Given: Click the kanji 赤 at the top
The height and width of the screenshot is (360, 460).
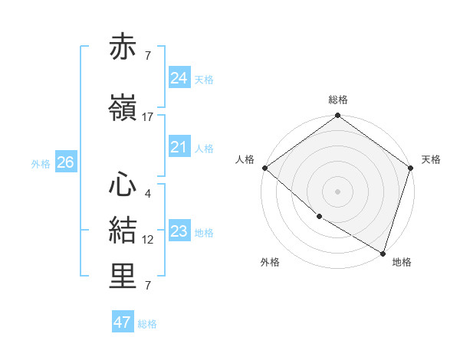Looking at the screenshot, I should [123, 47].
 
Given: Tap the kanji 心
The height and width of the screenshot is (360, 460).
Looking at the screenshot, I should [123, 184].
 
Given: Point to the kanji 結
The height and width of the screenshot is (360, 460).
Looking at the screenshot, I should [123, 231].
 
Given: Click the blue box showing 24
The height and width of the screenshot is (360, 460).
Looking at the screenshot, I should [179, 78].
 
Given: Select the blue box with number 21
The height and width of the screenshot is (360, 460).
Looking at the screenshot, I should [179, 148].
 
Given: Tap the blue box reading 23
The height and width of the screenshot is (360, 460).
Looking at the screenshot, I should [179, 231].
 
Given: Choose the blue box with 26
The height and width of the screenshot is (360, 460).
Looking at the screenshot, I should [65, 162].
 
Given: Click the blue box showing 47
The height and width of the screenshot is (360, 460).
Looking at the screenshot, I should [123, 322].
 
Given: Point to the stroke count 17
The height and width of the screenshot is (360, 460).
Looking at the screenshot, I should [148, 117].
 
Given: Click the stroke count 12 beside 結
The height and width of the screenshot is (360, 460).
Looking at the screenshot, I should [148, 240].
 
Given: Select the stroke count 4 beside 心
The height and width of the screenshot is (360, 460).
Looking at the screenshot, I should [147, 193].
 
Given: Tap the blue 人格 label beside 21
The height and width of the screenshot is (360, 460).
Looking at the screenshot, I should [204, 149].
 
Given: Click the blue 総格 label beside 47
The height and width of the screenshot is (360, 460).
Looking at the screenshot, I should [147, 324].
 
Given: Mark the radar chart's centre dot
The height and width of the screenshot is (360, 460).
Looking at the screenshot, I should [337, 191].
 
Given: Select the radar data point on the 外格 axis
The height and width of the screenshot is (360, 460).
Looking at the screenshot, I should [319, 216].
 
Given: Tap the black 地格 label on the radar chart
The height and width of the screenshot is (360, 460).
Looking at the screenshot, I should [402, 262].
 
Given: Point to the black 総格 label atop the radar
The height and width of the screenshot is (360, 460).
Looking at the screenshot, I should [337, 100].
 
